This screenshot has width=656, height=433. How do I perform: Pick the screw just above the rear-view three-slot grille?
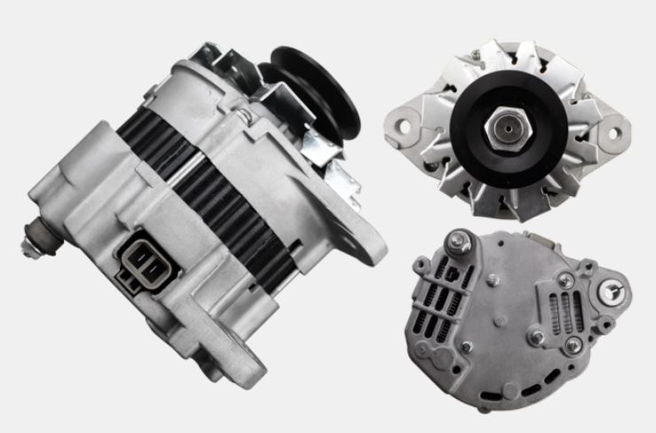(565, 280)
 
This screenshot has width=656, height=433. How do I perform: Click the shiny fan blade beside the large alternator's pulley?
(320, 146)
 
